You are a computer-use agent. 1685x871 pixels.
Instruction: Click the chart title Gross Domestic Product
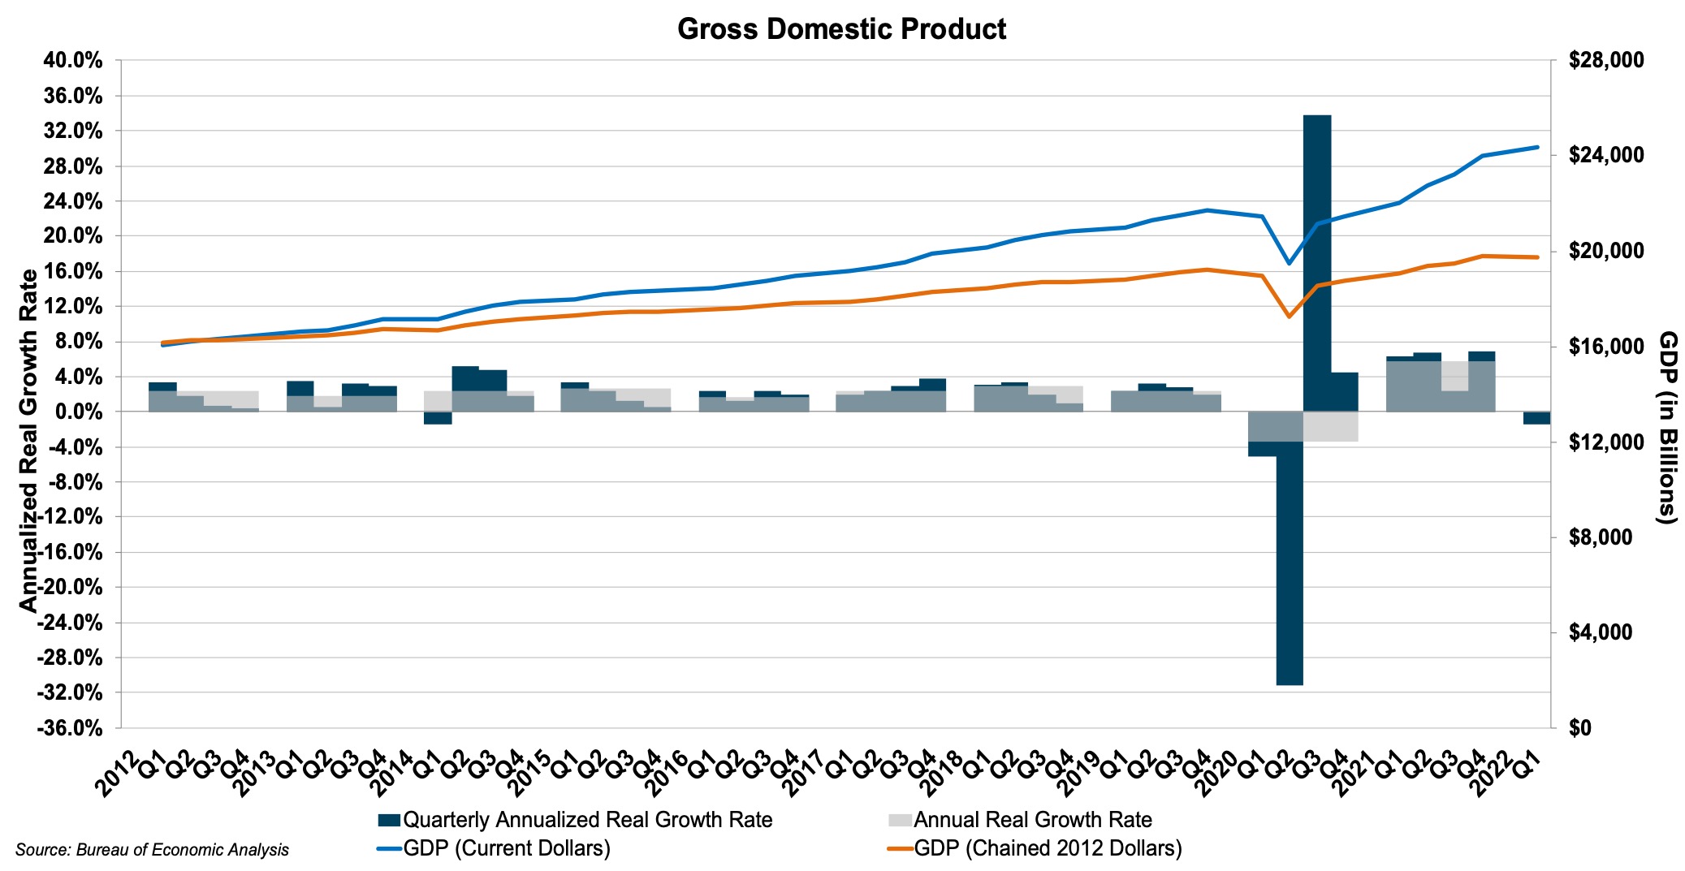(x=841, y=29)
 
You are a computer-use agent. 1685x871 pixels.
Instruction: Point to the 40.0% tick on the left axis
(x=72, y=61)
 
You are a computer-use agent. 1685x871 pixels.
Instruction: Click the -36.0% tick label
(x=70, y=727)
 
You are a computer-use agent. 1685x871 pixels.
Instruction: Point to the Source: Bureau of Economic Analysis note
(x=152, y=850)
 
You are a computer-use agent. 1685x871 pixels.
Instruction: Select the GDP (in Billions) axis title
(x=1667, y=427)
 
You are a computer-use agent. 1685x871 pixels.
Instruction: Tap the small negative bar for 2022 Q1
(x=1536, y=418)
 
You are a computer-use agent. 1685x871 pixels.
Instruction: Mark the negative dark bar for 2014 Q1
(x=438, y=418)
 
